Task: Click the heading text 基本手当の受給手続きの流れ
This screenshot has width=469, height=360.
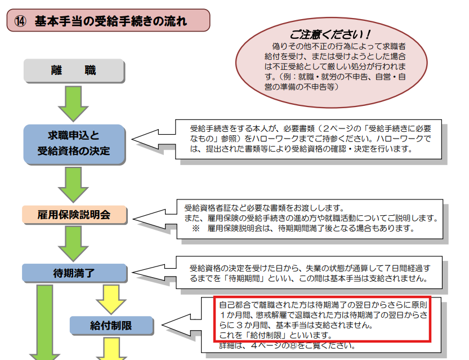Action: point(110,21)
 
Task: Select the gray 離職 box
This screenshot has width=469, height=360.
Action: point(74,70)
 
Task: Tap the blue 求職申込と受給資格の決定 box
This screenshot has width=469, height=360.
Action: point(74,143)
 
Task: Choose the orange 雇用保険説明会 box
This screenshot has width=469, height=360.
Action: point(74,214)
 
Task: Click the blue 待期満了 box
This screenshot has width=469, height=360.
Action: point(74,273)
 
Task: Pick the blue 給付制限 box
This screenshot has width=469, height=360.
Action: point(111,325)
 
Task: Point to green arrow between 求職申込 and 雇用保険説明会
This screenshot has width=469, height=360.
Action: point(74,184)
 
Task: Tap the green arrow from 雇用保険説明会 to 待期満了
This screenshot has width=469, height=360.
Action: point(74,243)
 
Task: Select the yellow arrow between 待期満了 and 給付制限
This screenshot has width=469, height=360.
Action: point(111,298)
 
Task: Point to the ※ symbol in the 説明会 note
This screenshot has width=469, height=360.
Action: point(196,229)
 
